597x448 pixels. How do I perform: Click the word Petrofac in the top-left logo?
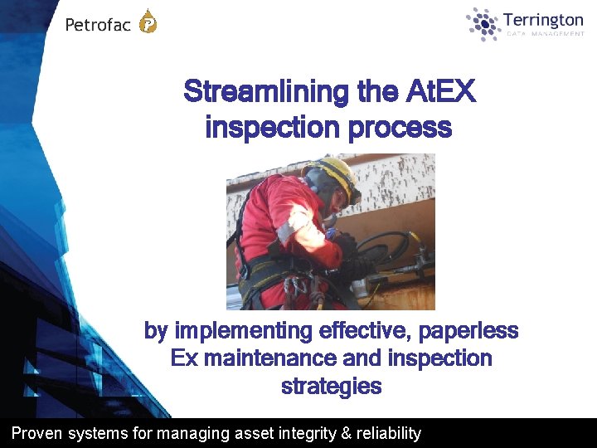tap(98, 25)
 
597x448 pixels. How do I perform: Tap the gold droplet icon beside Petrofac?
tap(148, 22)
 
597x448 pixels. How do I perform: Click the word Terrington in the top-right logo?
tap(543, 20)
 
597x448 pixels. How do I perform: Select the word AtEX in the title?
tap(442, 91)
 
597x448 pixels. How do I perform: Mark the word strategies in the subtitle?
tap(332, 386)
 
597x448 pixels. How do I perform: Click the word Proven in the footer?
tap(35, 433)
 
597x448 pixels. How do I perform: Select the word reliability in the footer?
tap(390, 433)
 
